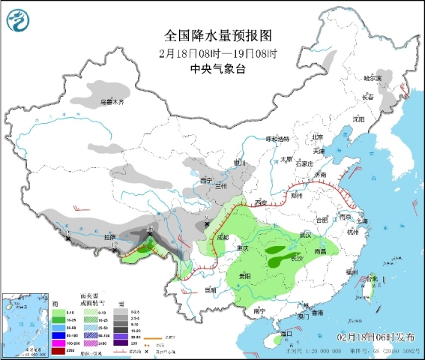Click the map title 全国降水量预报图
click(217, 35)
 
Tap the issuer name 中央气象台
click(217, 68)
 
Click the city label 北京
click(317, 136)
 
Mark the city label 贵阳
click(240, 275)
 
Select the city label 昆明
click(209, 289)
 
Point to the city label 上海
click(364, 222)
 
